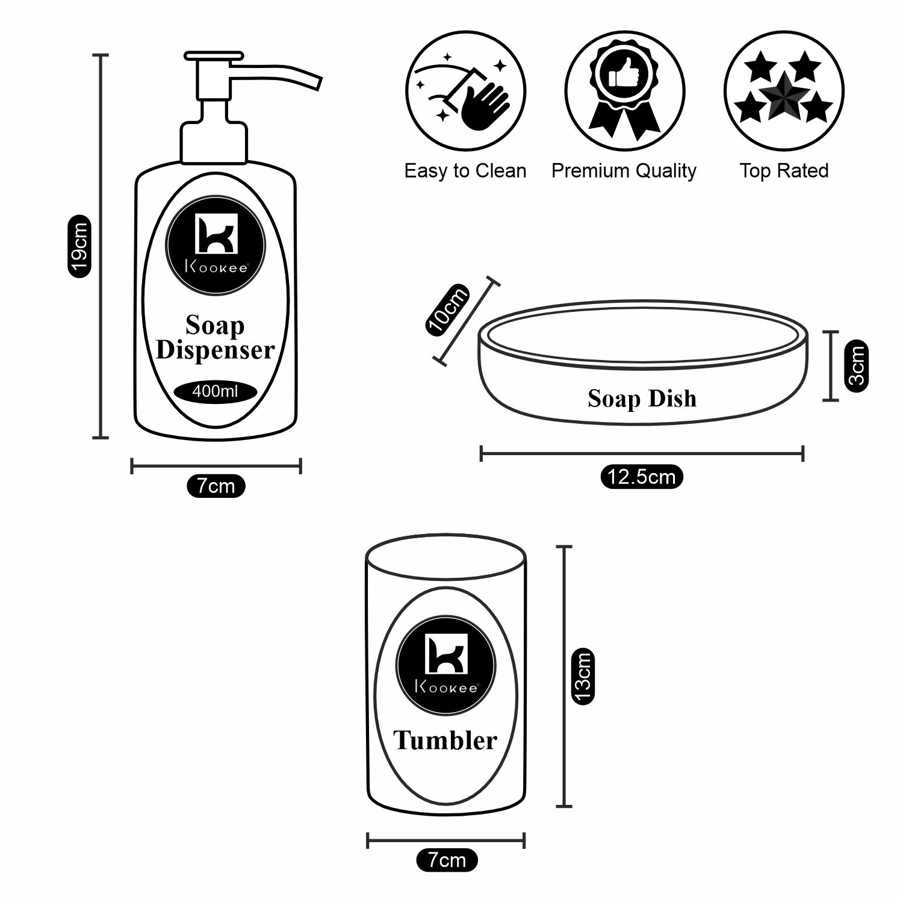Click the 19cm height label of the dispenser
click(x=79, y=246)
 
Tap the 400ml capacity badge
click(x=216, y=392)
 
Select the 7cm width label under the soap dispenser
click(x=216, y=485)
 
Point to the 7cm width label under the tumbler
click(x=447, y=860)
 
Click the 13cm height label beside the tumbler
click(x=583, y=676)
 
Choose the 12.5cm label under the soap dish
click(x=642, y=477)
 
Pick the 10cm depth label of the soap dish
click(x=447, y=309)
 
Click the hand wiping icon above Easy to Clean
click(x=465, y=92)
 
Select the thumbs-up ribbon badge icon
click(x=624, y=92)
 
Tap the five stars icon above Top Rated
click(x=784, y=92)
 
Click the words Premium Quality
click(x=624, y=171)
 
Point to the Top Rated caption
click(x=784, y=171)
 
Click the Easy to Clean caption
click(x=465, y=171)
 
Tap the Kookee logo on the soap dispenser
click(x=216, y=244)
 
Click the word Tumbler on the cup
click(x=445, y=740)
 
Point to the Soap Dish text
click(x=642, y=399)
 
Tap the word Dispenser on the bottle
click(x=216, y=350)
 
